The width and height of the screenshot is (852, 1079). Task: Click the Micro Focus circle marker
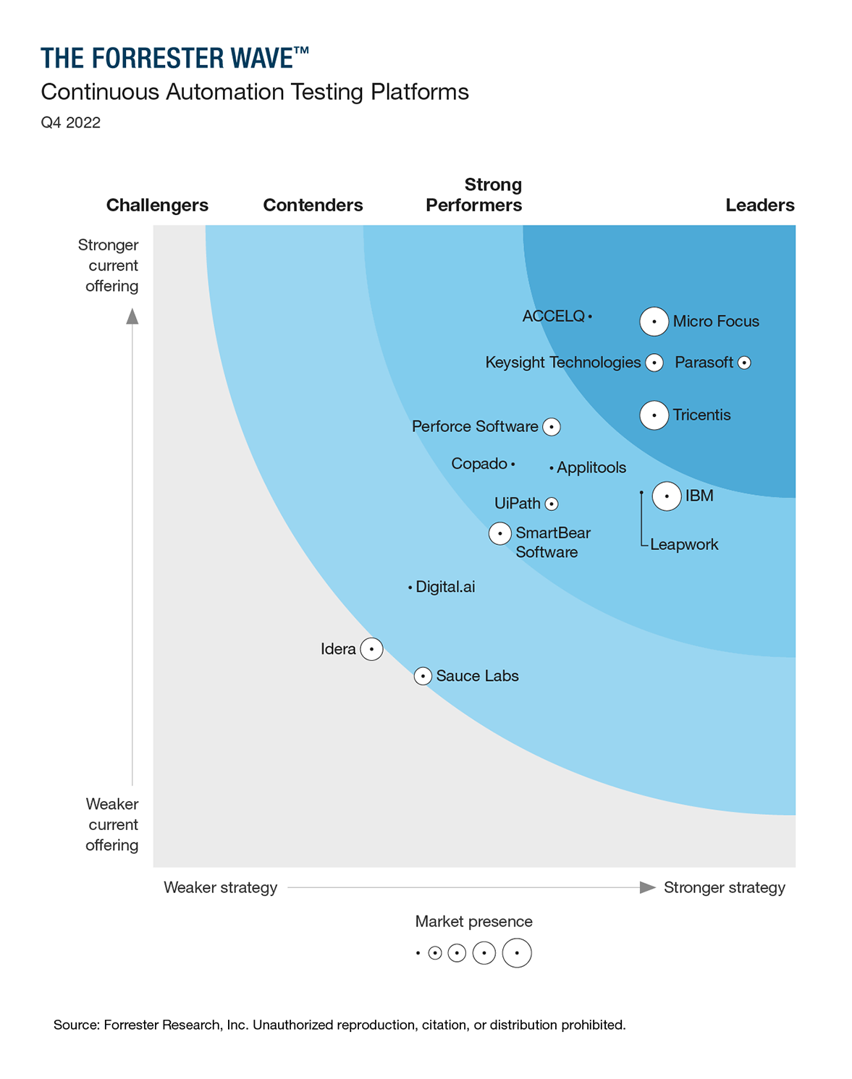click(654, 321)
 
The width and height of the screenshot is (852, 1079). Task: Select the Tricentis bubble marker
click(654, 415)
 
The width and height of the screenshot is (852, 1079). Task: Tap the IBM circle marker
click(666, 496)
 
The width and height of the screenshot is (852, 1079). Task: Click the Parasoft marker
click(744, 363)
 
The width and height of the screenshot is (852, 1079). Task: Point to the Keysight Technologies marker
click(654, 363)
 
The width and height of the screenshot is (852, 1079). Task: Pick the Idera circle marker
click(371, 649)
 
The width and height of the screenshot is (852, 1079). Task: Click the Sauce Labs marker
click(423, 676)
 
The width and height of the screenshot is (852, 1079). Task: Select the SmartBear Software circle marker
click(499, 534)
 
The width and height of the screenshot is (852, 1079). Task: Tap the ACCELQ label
click(553, 316)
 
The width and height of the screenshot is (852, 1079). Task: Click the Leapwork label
click(684, 544)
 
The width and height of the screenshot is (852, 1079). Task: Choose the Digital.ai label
click(445, 587)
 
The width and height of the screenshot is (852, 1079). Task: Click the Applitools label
click(591, 467)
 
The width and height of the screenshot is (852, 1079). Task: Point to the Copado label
click(479, 464)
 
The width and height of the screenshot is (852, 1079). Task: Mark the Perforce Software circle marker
click(552, 427)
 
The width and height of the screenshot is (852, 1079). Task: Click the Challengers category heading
click(157, 206)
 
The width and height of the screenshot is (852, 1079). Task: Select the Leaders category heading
click(759, 206)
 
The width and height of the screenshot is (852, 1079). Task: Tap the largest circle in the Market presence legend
click(517, 953)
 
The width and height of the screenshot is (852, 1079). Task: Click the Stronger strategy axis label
click(724, 888)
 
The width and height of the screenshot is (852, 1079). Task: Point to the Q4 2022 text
click(70, 122)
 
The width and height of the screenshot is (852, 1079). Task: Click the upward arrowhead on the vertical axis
click(132, 316)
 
